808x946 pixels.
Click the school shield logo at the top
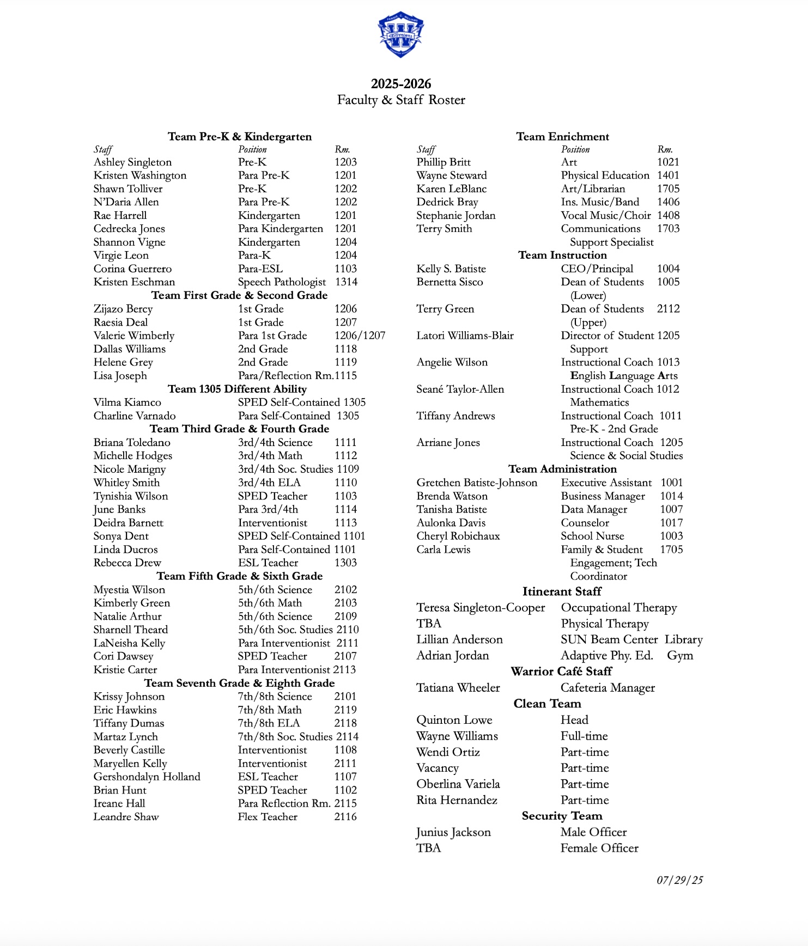(x=401, y=34)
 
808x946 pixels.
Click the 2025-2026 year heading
(x=401, y=84)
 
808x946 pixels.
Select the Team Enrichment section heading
(x=562, y=137)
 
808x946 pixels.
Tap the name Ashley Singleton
(x=132, y=162)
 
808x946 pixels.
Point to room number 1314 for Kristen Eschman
(x=346, y=282)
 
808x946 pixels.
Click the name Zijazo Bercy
(x=123, y=309)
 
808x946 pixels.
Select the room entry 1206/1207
(x=360, y=335)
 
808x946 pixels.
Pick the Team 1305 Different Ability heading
(x=237, y=389)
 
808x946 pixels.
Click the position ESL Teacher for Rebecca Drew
(x=268, y=563)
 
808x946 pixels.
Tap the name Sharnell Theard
(x=131, y=630)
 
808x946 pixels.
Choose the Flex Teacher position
(x=268, y=817)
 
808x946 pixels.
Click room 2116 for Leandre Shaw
(x=345, y=817)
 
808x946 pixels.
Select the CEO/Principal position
(x=597, y=268)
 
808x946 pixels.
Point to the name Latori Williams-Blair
(x=465, y=335)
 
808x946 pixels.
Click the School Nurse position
(x=592, y=536)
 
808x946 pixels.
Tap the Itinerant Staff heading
(x=562, y=591)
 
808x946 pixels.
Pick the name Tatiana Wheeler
(x=458, y=688)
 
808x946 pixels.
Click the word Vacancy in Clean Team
(x=438, y=768)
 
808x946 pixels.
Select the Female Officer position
(x=599, y=848)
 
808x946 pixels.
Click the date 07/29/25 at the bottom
(x=679, y=880)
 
